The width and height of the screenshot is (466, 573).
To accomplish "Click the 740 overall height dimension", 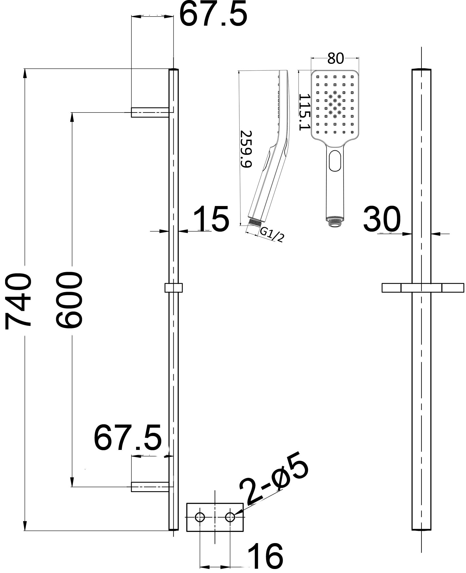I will (18, 299).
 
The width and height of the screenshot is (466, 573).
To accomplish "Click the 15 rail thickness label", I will (211, 219).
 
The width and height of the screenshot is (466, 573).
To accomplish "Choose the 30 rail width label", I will (382, 219).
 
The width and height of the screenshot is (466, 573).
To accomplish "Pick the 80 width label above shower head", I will (335, 58).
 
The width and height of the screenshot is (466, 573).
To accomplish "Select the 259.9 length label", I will (246, 149).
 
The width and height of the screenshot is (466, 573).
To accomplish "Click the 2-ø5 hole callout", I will (274, 482).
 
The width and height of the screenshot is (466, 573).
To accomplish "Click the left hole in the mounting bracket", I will (200, 517).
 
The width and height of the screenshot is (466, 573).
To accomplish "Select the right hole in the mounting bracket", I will (230, 517).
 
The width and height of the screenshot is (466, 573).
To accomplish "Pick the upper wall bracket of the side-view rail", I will (150, 112).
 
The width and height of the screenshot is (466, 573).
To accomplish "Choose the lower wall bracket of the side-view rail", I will (150, 487).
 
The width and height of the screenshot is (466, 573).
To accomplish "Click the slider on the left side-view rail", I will (173, 288).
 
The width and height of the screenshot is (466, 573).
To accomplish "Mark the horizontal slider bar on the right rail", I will (423, 287).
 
